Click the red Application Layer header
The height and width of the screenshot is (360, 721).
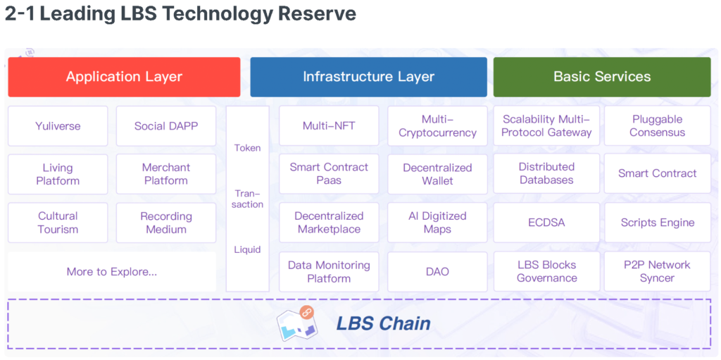pos(124,77)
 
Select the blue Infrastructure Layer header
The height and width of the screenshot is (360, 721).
pos(368,77)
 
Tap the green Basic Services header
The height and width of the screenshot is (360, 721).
pos(602,77)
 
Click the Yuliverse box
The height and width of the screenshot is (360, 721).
pos(58,126)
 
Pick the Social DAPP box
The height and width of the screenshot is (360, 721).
pos(166,126)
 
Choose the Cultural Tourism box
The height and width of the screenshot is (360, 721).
pos(58,223)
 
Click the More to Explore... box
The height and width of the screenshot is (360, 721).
pos(112,271)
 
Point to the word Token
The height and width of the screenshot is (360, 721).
pos(247,148)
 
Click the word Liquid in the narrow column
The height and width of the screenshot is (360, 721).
pos(247,249)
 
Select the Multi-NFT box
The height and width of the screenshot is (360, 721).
pos(329,126)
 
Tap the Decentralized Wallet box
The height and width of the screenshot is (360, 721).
pos(437,174)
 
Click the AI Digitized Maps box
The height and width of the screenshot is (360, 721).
pos(437,223)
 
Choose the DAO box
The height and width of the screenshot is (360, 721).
pos(437,271)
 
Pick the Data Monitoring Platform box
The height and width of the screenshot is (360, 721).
pos(329,271)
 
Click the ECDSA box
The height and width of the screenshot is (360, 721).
pos(546,223)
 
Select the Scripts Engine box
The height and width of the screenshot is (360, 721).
pos(657,223)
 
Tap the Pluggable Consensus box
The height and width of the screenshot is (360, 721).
pos(657,126)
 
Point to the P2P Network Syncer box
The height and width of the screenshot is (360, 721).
pos(657,271)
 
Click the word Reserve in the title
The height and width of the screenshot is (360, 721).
pos(318,13)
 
